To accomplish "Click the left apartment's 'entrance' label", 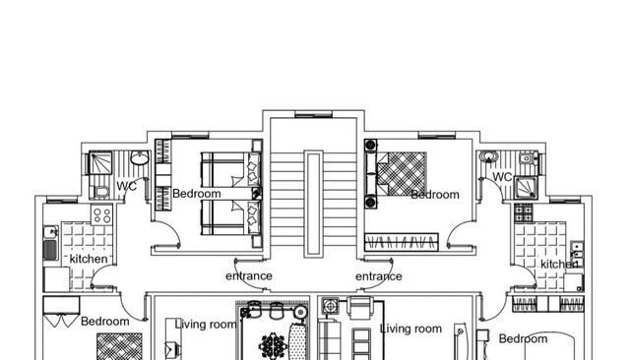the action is pyautogui.click(x=249, y=276).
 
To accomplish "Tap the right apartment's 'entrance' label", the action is pyautogui.click(x=378, y=276).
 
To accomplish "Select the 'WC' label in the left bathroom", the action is pyautogui.click(x=127, y=186).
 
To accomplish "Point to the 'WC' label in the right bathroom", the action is pyautogui.click(x=502, y=177).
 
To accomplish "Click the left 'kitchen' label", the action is pyautogui.click(x=89, y=259).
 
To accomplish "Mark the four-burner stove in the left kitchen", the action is pyautogui.click(x=102, y=215).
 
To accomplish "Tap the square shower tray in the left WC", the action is pyautogui.click(x=100, y=163).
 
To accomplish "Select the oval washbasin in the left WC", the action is pyautogui.click(x=140, y=158).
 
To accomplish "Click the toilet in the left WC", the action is pyautogui.click(x=100, y=192).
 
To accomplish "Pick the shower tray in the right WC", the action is pyautogui.click(x=526, y=188).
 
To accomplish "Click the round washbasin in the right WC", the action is pyautogui.click(x=488, y=156).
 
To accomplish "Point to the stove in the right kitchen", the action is pyautogui.click(x=524, y=212).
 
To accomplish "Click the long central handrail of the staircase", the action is pyautogui.click(x=313, y=204).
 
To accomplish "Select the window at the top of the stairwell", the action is pyautogui.click(x=313, y=114).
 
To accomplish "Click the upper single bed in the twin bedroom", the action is pyautogui.click(x=230, y=169).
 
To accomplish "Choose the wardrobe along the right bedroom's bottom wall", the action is pyautogui.click(x=402, y=242).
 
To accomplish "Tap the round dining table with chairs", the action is pyautogui.click(x=274, y=345).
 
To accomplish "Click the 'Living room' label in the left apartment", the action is pyautogui.click(x=206, y=325).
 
